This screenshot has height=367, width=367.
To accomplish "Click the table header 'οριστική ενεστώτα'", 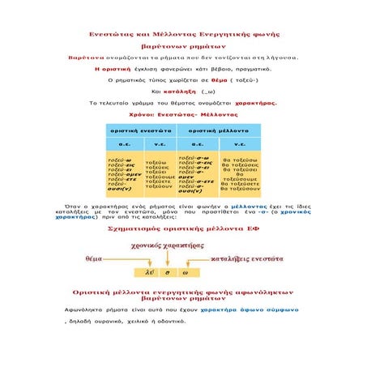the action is [x=141, y=130].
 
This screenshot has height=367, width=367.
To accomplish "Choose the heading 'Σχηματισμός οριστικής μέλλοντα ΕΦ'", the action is [x=183, y=229].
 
